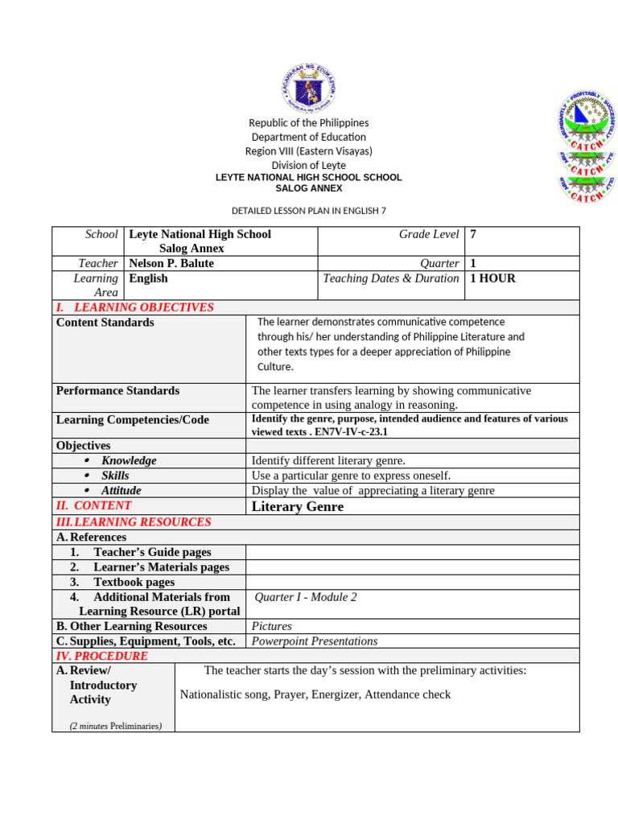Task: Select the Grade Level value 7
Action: point(473,234)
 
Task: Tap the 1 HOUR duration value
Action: point(492,278)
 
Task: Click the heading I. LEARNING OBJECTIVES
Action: point(134,307)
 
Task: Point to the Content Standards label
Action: point(105,323)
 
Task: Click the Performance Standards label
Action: point(117,390)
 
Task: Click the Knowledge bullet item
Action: point(128,460)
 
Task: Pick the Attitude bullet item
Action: point(121,490)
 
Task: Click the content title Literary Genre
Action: point(297,506)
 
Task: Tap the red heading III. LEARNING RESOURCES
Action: point(134,521)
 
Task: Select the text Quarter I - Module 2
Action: point(305,597)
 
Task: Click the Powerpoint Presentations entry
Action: point(314,641)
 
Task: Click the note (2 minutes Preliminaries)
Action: point(116,726)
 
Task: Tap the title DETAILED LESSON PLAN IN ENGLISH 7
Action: point(309,211)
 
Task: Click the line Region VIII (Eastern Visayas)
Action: point(309,151)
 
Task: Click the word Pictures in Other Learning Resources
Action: point(271,626)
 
